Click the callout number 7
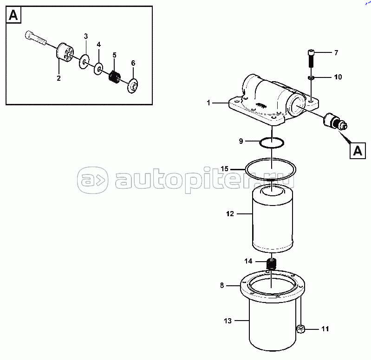(x=336, y=52)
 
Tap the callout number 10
(x=338, y=77)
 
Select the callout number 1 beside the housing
(x=208, y=103)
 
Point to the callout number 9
(x=241, y=141)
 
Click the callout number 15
(x=225, y=169)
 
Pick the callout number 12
(x=230, y=214)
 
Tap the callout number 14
(x=248, y=261)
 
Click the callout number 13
(x=228, y=321)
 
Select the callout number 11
(x=325, y=329)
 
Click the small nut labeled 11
(x=300, y=329)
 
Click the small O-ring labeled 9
(x=272, y=143)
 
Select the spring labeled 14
(x=272, y=264)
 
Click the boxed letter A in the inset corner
(x=13, y=15)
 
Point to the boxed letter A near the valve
(x=358, y=151)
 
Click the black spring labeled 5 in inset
(x=115, y=77)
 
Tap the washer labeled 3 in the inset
(x=84, y=61)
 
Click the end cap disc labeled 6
(x=133, y=86)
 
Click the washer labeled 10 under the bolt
(x=311, y=77)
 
